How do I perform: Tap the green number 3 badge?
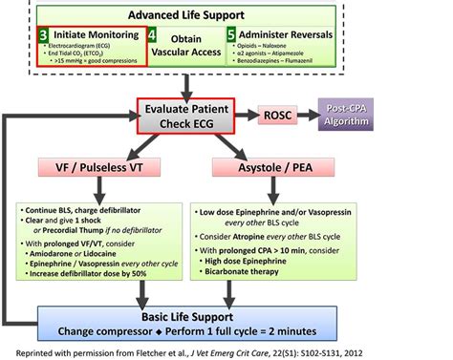[x=45, y=33]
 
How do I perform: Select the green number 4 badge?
[x=154, y=34]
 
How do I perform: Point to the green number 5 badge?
[x=231, y=33]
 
